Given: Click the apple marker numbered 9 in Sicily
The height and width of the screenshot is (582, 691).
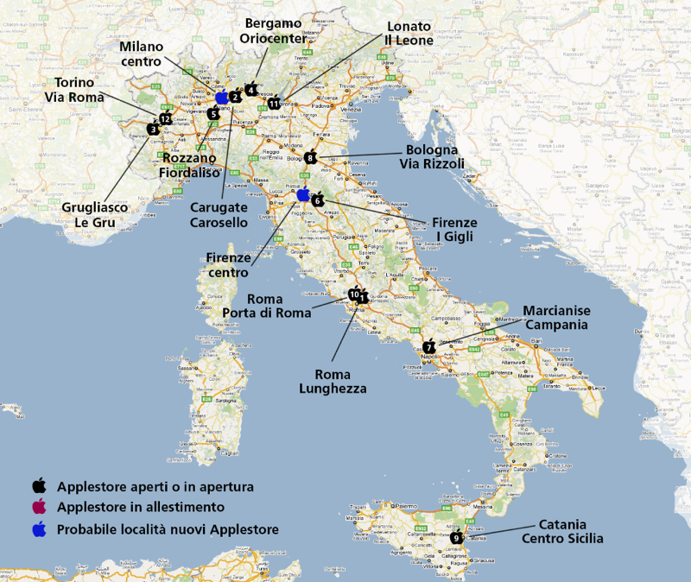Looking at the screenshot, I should [456, 538].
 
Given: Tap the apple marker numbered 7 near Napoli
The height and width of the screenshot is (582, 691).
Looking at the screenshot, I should [429, 345].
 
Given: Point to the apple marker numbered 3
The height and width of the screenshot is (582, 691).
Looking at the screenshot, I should [153, 129].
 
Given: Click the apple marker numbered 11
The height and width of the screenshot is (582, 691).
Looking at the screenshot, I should [274, 103].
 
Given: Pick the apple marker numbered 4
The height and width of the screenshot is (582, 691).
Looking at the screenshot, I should [250, 89].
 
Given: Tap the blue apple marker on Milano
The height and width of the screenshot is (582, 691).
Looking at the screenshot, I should [222, 97].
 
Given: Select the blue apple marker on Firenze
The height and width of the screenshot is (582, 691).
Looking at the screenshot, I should [303, 194].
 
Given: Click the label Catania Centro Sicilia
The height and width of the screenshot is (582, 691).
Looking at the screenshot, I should [562, 532].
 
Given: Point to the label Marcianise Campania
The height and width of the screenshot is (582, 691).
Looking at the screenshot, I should [555, 318].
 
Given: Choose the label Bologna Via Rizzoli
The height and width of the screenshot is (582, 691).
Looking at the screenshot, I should [432, 156].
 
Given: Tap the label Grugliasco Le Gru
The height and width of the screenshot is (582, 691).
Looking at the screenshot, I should [94, 215].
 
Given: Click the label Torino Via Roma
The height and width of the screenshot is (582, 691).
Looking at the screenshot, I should [74, 90].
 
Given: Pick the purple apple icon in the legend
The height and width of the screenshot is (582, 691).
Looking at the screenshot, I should [39, 507].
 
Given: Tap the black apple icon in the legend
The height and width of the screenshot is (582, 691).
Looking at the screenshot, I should [39, 486].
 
